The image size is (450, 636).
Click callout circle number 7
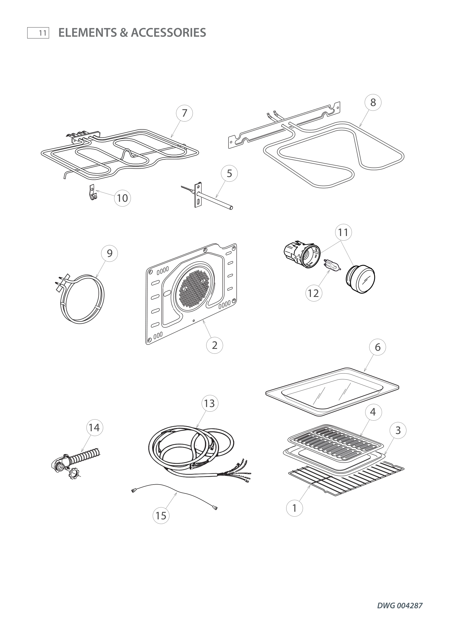point(184,113)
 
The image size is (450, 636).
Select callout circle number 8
point(373,103)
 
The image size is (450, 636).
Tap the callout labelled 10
point(122,198)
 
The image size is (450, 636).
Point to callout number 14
point(94,428)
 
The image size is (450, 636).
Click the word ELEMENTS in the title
point(88,33)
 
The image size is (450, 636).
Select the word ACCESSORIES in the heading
point(168,33)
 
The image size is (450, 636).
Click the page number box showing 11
point(38,33)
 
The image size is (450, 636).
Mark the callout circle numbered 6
point(378,347)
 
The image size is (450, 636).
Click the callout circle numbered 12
point(314,293)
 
